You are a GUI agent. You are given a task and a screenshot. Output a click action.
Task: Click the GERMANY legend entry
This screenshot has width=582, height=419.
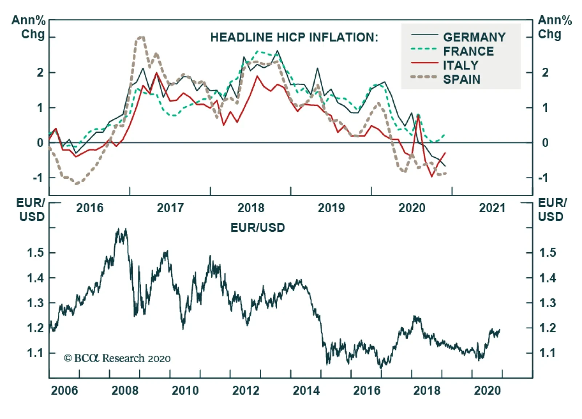[474, 37]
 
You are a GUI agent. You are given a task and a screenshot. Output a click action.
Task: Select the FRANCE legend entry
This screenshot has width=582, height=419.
[469, 51]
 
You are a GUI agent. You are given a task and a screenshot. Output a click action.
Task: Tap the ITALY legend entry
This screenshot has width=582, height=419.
[461, 65]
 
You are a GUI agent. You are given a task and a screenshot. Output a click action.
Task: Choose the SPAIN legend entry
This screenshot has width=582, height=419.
[462, 79]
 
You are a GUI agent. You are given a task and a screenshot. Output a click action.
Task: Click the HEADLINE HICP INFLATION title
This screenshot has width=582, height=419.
[294, 37]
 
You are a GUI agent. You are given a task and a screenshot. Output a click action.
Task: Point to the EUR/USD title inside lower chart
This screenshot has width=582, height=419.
[258, 228]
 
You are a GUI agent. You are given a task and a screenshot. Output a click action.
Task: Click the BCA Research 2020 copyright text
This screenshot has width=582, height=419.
[117, 358]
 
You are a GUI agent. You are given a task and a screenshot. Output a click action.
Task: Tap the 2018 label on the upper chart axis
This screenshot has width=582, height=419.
[251, 208]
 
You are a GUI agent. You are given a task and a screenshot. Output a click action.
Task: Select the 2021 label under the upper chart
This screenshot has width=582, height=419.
[492, 208]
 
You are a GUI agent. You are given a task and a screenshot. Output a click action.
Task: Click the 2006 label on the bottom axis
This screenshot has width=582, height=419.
[64, 390]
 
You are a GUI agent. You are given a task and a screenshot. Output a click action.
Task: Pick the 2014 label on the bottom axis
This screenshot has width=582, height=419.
[306, 390]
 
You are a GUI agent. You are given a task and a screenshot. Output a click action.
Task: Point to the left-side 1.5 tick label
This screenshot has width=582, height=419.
[36, 253]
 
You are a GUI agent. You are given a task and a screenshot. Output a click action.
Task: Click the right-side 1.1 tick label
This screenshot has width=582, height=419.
[547, 353]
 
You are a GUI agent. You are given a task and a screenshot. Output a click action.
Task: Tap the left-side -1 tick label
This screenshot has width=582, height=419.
[38, 178]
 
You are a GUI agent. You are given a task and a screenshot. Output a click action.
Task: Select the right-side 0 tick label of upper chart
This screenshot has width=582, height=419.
[545, 143]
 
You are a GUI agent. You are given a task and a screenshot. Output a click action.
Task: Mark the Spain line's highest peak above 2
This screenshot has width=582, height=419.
[141, 37]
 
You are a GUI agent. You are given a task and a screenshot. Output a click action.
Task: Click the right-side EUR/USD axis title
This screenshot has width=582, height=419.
[551, 210]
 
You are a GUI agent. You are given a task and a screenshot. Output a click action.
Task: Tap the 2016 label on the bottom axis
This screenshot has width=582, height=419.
[367, 390]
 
